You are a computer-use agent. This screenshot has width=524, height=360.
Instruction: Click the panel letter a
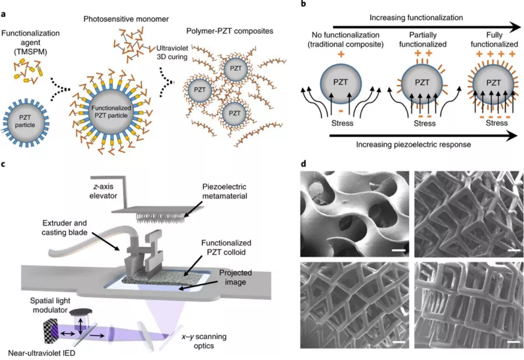(4, 14)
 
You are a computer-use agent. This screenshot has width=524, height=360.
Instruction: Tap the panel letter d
(303, 164)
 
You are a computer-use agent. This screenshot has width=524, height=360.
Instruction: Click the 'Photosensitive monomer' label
(126, 19)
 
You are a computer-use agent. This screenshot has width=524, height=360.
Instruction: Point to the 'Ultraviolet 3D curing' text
(173, 53)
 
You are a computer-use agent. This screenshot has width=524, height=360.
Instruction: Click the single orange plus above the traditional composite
(341, 53)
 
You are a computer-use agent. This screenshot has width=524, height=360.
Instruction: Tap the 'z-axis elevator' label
(103, 191)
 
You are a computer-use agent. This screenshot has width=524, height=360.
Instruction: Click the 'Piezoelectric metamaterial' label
(224, 191)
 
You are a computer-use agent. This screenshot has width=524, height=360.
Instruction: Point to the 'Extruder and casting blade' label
(64, 227)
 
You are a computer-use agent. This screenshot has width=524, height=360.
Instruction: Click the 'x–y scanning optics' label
(204, 341)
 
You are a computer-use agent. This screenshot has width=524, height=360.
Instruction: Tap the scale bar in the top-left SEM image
(399, 250)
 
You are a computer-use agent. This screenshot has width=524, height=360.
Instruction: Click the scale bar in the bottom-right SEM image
(513, 341)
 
